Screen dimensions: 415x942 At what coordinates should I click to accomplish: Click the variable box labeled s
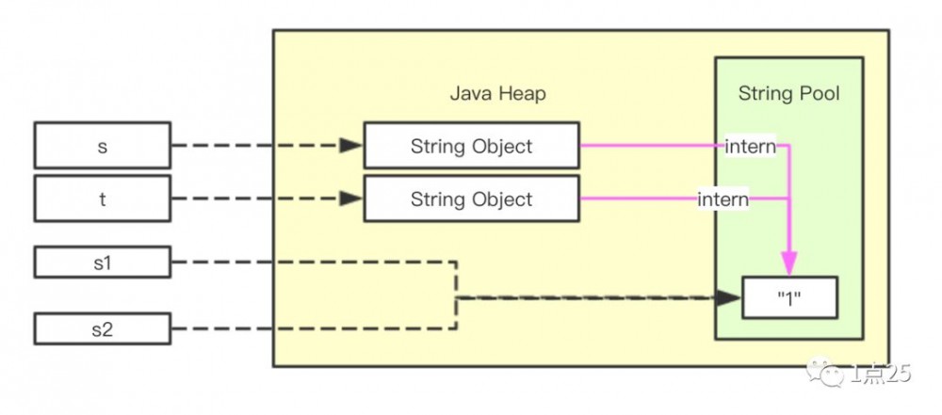(102, 146)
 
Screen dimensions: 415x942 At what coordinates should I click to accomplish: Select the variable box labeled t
(102, 199)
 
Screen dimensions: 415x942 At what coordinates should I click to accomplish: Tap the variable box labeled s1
(102, 263)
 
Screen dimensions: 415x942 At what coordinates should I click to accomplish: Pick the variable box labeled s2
(102, 328)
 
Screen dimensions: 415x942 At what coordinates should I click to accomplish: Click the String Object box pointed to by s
(471, 146)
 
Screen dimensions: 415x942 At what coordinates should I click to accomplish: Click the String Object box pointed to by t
(471, 199)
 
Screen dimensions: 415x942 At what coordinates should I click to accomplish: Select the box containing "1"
(789, 299)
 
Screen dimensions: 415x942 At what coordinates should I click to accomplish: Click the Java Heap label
(497, 94)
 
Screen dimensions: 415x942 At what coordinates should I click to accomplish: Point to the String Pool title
(788, 94)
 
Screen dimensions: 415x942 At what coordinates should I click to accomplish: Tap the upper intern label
(751, 147)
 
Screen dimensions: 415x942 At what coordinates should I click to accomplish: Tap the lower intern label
(723, 200)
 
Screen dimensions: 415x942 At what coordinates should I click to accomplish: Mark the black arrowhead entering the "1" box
(728, 298)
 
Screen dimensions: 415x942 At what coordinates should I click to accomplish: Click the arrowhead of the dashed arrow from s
(350, 146)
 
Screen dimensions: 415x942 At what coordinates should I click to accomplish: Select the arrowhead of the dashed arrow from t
(350, 199)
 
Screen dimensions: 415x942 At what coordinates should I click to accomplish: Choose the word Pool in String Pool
(819, 94)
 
